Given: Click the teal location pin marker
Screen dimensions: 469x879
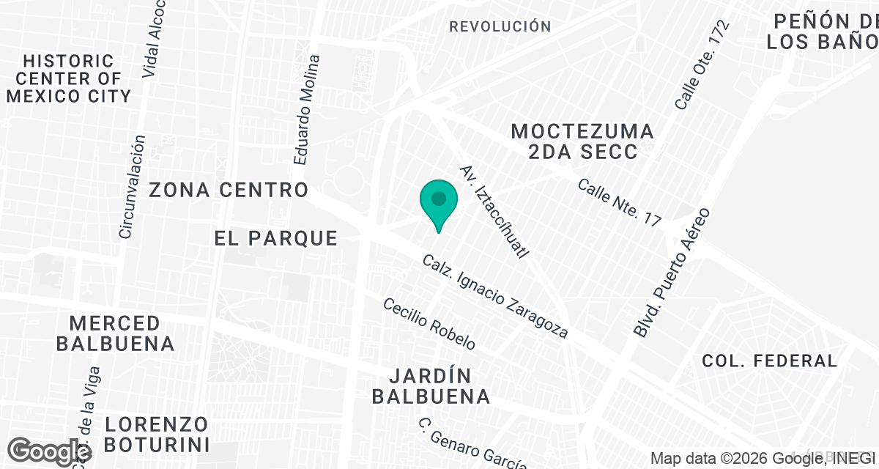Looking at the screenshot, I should (x=439, y=202).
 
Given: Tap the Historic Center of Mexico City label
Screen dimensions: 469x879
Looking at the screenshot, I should (x=69, y=78).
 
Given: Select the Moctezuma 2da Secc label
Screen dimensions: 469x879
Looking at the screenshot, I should (x=582, y=141).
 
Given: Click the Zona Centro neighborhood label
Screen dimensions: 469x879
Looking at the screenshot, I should (x=229, y=191).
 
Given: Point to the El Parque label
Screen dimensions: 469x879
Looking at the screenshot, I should (x=276, y=238).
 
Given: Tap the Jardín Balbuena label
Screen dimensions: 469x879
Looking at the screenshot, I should (x=430, y=386).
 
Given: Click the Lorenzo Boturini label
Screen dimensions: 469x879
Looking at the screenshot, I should (x=156, y=434).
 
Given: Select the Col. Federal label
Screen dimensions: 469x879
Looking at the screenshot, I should (x=769, y=361).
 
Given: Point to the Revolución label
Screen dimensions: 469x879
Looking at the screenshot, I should (x=500, y=26).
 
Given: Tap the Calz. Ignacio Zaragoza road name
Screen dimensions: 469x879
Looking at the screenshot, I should (x=495, y=297).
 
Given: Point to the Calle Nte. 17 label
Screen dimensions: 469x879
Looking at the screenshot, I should (x=619, y=202).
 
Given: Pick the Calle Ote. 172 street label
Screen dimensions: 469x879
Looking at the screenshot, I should (x=702, y=66).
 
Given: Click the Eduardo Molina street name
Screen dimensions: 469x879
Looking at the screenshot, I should (x=307, y=109).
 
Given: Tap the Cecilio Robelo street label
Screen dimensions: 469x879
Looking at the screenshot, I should (x=429, y=324).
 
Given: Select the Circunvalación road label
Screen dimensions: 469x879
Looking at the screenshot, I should (x=133, y=186).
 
